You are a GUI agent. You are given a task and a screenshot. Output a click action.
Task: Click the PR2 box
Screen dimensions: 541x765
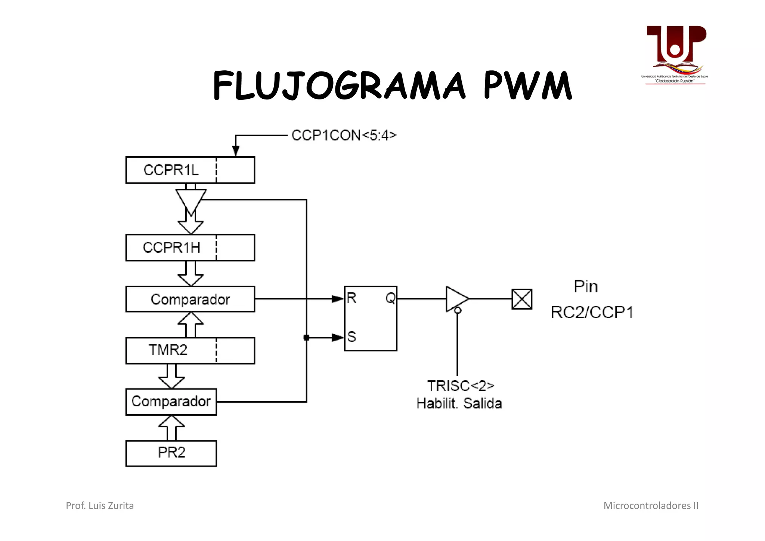(x=171, y=453)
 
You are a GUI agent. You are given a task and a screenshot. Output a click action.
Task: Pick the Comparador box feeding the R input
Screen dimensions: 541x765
(x=190, y=299)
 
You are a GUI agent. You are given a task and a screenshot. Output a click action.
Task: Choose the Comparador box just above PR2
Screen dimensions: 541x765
(x=171, y=402)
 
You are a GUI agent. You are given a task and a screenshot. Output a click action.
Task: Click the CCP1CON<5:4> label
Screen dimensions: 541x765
(x=344, y=135)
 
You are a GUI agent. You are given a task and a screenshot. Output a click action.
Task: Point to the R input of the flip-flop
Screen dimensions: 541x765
(x=351, y=298)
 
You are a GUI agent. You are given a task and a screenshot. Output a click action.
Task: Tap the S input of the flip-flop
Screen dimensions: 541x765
(x=351, y=337)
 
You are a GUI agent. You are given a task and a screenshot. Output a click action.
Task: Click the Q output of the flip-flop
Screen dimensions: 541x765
(x=390, y=298)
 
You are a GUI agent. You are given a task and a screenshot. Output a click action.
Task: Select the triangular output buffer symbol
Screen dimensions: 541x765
(x=456, y=299)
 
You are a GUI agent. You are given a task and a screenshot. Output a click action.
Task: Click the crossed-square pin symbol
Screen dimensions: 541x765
(x=521, y=299)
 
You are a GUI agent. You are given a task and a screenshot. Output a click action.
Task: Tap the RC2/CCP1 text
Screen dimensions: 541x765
(x=592, y=313)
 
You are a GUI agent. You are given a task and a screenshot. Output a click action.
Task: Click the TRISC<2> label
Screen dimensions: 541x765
(x=461, y=385)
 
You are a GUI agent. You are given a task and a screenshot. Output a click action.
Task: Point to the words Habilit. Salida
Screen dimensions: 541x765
(x=459, y=403)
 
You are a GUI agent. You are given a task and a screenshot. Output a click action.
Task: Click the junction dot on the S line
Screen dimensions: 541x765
(x=306, y=338)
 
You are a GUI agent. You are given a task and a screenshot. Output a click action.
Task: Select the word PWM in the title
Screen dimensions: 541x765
(x=527, y=86)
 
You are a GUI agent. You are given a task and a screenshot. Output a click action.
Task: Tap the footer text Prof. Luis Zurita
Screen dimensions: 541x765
(x=100, y=505)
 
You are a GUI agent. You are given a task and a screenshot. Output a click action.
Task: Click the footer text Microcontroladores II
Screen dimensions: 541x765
(x=651, y=505)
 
